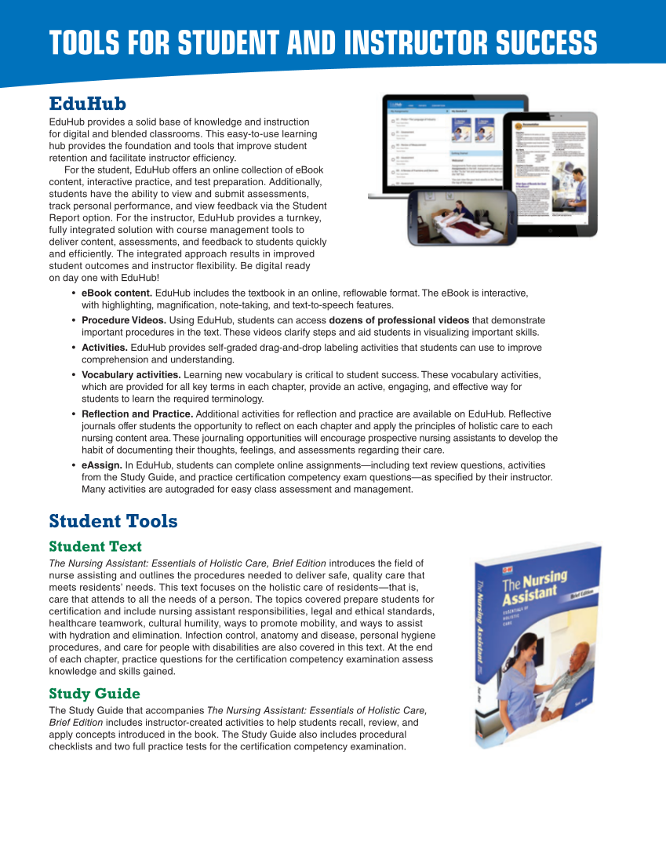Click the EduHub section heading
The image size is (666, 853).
[x=88, y=104]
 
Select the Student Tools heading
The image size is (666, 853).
[x=113, y=521]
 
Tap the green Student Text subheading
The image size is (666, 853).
[x=95, y=546]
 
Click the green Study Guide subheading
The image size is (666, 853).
[x=94, y=694]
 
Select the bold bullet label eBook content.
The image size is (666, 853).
[x=117, y=293]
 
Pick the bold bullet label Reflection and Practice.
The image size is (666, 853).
[x=137, y=414]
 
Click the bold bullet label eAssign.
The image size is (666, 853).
[x=101, y=465]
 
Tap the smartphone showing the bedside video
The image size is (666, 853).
[x=461, y=215]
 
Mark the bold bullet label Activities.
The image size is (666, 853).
[x=104, y=348]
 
